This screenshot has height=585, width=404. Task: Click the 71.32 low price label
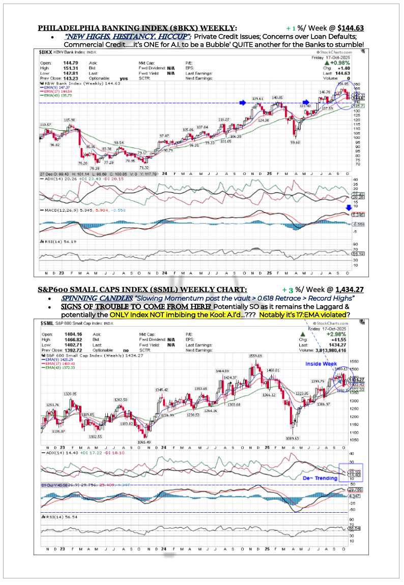click(144, 167)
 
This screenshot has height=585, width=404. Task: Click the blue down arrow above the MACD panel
click(349, 207)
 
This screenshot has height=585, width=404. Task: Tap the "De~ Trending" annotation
click(320, 478)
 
